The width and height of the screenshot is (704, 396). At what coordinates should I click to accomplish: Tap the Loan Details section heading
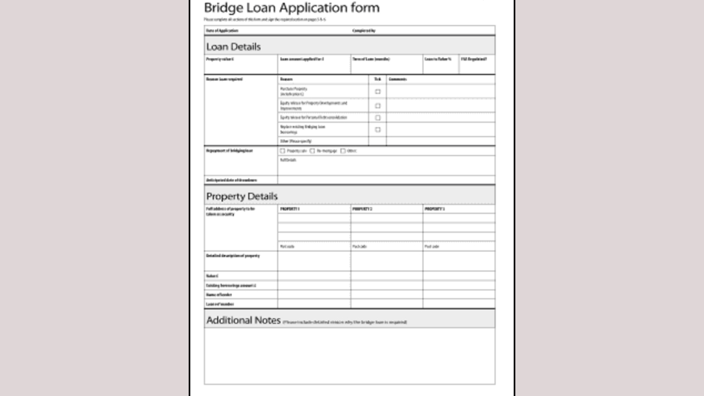tap(233, 47)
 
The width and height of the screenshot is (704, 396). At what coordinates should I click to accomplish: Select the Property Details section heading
tap(241, 196)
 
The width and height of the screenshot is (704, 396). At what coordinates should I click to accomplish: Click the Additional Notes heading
tap(243, 320)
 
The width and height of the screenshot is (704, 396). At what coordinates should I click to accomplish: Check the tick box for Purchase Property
tap(378, 92)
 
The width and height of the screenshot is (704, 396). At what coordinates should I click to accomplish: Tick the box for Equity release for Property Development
tap(378, 106)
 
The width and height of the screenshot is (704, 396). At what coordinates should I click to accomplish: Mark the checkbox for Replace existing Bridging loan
tap(378, 130)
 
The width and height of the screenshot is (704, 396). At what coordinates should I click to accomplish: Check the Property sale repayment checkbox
tap(283, 151)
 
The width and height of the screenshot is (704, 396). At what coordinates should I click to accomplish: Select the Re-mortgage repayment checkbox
tap(312, 151)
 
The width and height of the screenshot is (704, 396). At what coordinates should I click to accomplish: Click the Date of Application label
tap(222, 31)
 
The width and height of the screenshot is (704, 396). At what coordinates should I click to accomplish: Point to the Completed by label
tap(364, 31)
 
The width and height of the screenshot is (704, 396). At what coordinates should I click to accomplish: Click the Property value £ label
tap(220, 59)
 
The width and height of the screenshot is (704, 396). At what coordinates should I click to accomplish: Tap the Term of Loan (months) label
tap(371, 59)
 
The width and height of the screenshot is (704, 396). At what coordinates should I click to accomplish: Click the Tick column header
tap(377, 79)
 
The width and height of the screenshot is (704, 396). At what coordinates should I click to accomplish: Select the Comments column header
tap(398, 79)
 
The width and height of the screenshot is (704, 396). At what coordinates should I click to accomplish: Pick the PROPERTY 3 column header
tap(435, 209)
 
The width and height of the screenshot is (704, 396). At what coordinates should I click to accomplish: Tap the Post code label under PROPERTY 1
tap(287, 246)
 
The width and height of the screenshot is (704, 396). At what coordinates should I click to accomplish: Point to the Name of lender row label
tap(219, 295)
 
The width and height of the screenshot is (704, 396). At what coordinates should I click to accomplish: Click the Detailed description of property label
tap(233, 256)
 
